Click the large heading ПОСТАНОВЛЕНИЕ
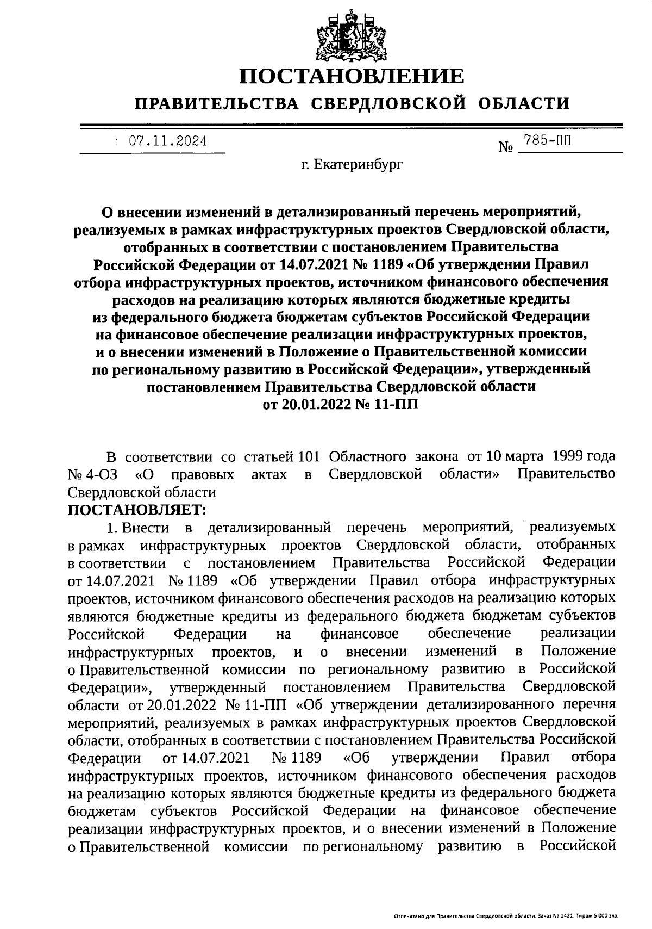pyautogui.click(x=353, y=76)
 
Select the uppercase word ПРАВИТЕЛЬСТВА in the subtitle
pyautogui.click(x=217, y=103)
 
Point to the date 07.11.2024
pyautogui.click(x=167, y=141)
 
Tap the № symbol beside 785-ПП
pyautogui.click(x=506, y=147)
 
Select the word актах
pyautogui.click(x=269, y=474)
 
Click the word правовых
pyautogui.click(x=202, y=474)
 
